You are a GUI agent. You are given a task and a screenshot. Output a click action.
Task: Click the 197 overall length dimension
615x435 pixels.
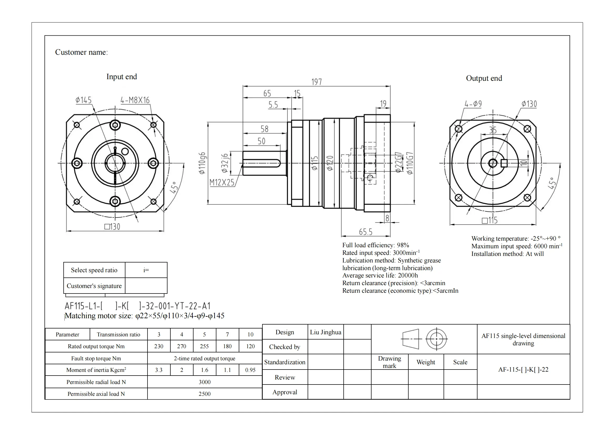coord(316,82)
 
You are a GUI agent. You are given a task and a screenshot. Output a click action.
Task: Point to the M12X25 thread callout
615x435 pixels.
coord(222,183)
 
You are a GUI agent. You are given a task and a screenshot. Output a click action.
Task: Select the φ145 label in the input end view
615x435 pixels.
coord(83,100)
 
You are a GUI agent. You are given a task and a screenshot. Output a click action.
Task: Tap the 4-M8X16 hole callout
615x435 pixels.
coord(135,100)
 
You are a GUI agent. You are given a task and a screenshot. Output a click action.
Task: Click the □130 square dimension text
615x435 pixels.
coord(112,227)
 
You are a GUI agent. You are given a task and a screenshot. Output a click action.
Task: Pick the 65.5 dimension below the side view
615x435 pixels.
coord(365,232)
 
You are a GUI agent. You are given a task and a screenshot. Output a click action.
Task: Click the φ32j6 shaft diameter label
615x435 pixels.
coord(225,163)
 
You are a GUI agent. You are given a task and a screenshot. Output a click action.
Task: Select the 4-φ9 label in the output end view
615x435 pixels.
coord(473,104)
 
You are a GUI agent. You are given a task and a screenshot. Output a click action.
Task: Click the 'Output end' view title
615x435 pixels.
coord(484,78)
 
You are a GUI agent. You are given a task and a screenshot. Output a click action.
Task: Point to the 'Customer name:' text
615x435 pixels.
coord(82,52)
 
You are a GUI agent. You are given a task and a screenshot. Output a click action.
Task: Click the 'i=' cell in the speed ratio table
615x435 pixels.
coord(146,270)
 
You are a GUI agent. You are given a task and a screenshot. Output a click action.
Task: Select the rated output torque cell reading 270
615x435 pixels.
coord(181,346)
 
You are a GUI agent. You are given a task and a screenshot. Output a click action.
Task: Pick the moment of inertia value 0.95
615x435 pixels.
coord(250,370)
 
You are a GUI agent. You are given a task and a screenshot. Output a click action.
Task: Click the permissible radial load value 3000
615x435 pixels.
coord(204,382)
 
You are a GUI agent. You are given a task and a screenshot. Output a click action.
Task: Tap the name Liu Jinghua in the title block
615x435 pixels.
coord(326,332)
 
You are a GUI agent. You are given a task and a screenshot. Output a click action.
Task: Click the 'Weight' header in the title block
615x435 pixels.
coord(426,362)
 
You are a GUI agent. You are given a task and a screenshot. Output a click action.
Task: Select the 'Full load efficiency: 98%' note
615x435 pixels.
coord(375,245)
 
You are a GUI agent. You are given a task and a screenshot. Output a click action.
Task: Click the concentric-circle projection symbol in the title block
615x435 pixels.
coord(436,339)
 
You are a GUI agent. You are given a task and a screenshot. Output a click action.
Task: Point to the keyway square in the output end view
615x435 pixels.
coord(504,163)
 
